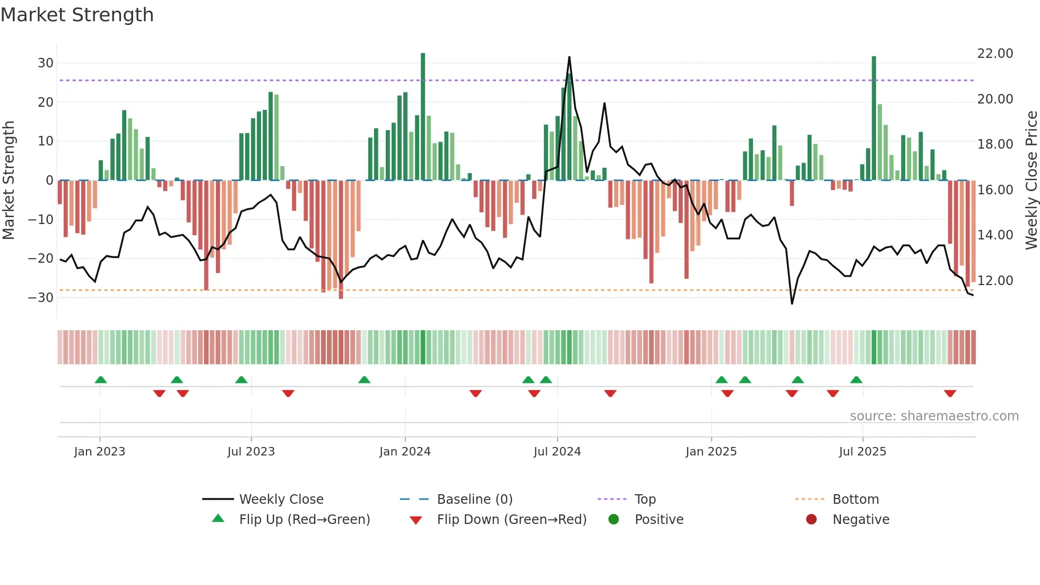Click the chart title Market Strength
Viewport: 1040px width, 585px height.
[x=77, y=15]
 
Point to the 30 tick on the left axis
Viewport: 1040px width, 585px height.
[x=46, y=63]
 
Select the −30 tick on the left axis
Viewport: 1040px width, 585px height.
[x=41, y=297]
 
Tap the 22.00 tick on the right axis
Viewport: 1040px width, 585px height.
[x=995, y=54]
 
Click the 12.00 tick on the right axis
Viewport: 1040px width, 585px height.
[x=995, y=280]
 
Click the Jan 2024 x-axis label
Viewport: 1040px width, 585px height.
[x=405, y=452]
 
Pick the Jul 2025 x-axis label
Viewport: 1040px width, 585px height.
[x=862, y=452]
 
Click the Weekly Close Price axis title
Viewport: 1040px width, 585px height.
[x=1031, y=180]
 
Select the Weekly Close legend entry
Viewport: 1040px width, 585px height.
[x=281, y=500]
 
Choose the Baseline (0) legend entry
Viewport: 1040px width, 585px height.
[x=474, y=500]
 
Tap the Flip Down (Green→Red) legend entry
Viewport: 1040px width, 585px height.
[x=512, y=520]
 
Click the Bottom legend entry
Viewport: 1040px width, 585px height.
[x=855, y=500]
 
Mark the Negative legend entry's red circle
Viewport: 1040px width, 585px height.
[x=811, y=520]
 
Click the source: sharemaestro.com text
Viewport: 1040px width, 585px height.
[x=934, y=416]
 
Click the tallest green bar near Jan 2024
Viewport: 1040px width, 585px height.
[x=423, y=117]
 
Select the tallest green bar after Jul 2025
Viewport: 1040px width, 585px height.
[x=874, y=118]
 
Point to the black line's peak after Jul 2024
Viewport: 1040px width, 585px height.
[x=569, y=57]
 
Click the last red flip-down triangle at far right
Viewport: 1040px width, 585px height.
[x=950, y=393]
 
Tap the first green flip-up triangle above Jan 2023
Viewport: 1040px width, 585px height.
[x=101, y=380]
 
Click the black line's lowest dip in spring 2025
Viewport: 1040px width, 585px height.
[x=792, y=304]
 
